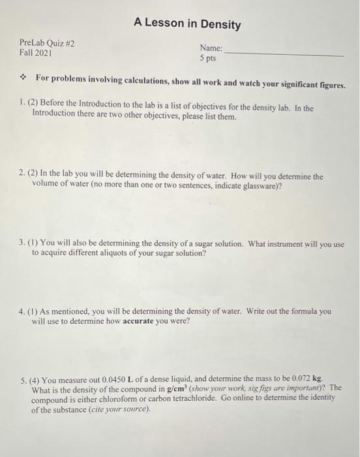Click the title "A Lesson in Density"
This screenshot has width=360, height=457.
187,25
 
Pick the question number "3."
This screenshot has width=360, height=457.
23,244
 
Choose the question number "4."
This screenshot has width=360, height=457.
23,311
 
